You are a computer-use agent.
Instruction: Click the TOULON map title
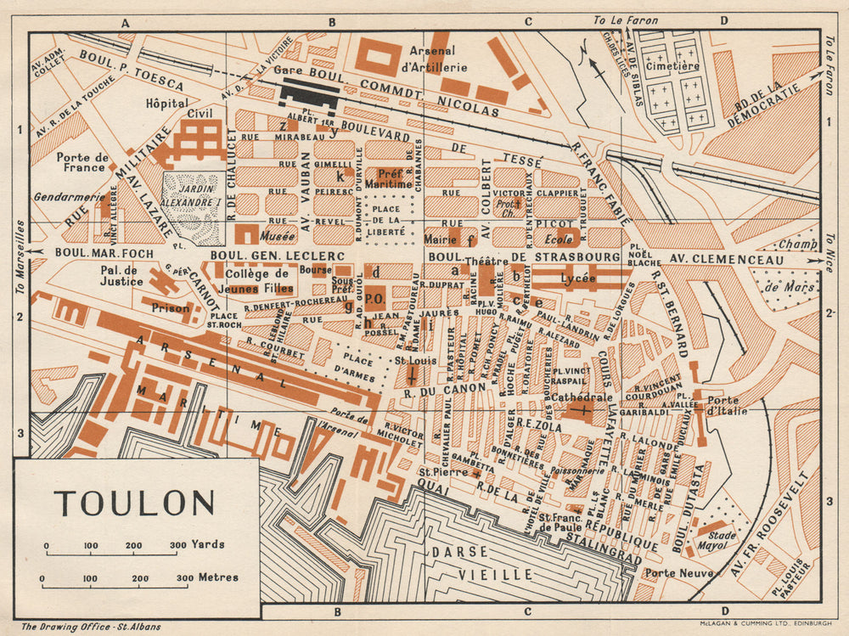pos(135,503)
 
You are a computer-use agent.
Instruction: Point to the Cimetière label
pos(672,65)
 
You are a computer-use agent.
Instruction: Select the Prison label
pos(171,308)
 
